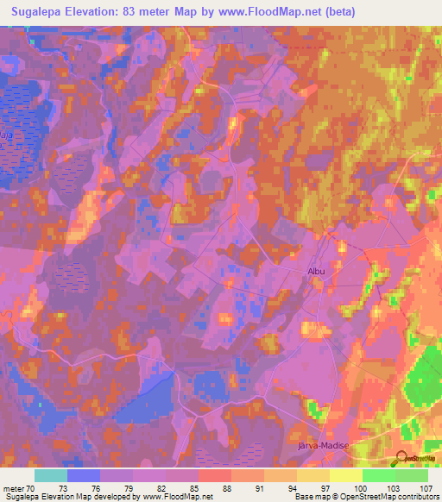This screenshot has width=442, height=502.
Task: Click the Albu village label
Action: point(316,271)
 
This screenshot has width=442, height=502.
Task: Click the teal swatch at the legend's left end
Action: point(51,475)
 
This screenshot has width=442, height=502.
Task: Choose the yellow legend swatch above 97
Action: point(313,475)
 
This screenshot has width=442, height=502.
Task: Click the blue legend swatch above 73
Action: point(84,475)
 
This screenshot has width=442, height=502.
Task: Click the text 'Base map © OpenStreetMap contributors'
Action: point(364,497)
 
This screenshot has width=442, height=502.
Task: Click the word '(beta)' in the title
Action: point(338,11)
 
